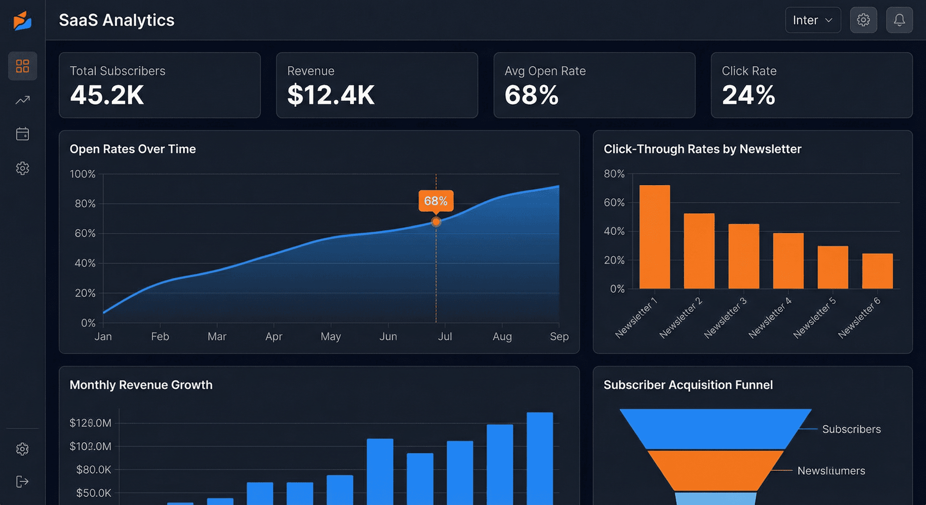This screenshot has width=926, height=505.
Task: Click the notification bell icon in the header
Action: pyautogui.click(x=899, y=20)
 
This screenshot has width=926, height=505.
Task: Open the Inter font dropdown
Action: pyautogui.click(x=813, y=20)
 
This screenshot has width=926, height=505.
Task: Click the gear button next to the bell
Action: pyautogui.click(x=863, y=20)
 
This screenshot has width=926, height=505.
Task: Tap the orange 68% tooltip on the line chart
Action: pyautogui.click(x=436, y=201)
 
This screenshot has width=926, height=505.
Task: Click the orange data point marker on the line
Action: pyautogui.click(x=436, y=222)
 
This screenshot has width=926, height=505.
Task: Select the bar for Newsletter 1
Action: pyautogui.click(x=654, y=237)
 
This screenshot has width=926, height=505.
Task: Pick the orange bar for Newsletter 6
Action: pyautogui.click(x=877, y=271)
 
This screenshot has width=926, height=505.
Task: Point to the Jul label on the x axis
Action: pyautogui.click(x=445, y=337)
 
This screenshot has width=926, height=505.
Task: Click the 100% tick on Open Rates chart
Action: pyautogui.click(x=82, y=174)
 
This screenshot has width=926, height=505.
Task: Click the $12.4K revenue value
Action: pyautogui.click(x=331, y=95)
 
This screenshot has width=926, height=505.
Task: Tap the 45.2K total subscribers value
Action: pyautogui.click(x=107, y=95)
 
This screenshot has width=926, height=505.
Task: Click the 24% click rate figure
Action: pyautogui.click(x=748, y=95)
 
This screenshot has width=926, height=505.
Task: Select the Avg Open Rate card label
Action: pyautogui.click(x=545, y=71)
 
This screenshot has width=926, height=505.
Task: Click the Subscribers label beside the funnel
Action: pyautogui.click(x=851, y=429)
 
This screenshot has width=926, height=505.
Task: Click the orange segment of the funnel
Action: pyautogui.click(x=715, y=470)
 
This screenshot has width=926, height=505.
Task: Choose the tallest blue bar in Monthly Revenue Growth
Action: pyautogui.click(x=540, y=458)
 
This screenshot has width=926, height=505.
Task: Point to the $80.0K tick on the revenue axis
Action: pyautogui.click(x=94, y=470)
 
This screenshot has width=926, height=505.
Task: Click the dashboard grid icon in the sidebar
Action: pyautogui.click(x=23, y=66)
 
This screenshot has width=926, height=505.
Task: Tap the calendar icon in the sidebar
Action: pyautogui.click(x=23, y=134)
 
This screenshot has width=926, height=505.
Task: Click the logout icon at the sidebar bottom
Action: pyautogui.click(x=22, y=481)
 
